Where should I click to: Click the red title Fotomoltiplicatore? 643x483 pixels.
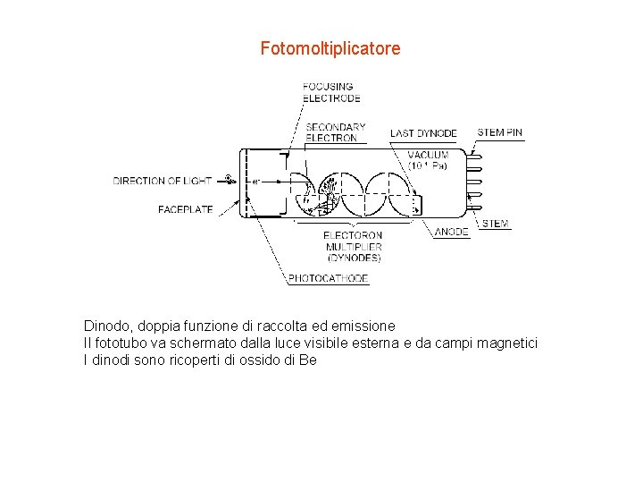coord(330,48)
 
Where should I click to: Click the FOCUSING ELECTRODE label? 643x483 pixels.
coord(331,92)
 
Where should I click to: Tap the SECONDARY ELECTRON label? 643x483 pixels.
coord(335,132)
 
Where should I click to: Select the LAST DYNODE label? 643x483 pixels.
coord(423,133)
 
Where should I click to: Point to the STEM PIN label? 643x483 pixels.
coord(500,132)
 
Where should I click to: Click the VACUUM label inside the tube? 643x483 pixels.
coord(429,160)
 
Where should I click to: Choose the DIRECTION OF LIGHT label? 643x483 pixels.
coord(163,181)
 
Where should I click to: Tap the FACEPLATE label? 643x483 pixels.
coord(186,209)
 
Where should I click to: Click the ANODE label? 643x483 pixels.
coord(452,232)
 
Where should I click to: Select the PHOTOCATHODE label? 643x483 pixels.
coord(329,278)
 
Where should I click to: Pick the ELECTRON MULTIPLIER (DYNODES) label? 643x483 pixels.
coord(353,247)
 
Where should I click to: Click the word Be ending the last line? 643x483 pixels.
coord(308,360)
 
